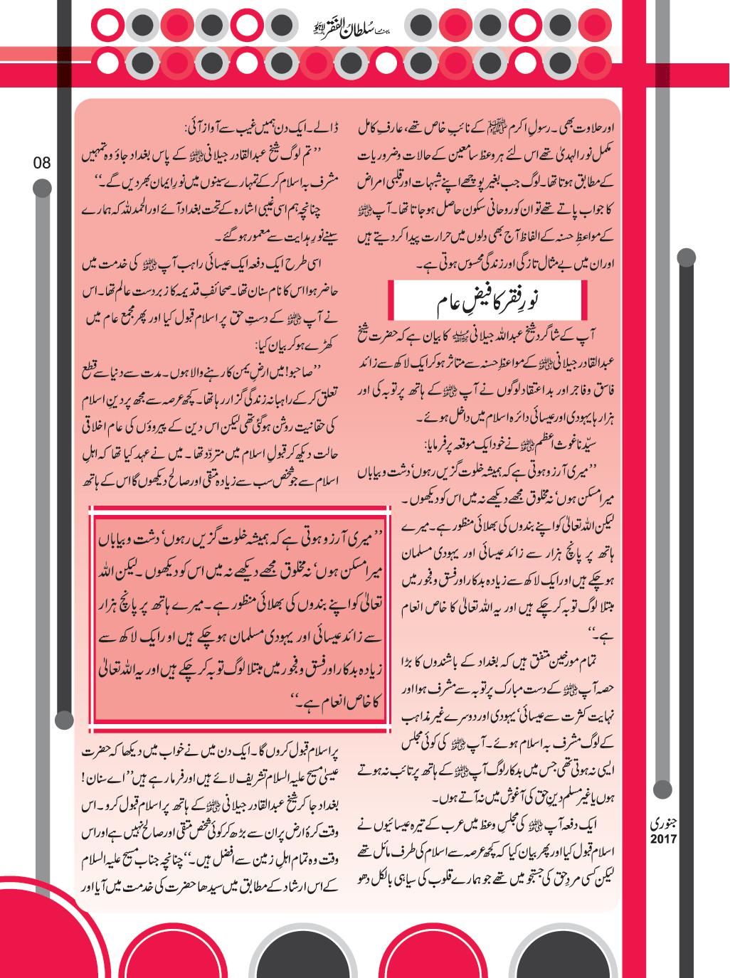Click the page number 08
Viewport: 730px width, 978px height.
42,163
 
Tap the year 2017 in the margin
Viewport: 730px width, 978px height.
663,839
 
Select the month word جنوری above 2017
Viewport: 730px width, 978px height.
663,824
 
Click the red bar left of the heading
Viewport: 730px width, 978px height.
391,300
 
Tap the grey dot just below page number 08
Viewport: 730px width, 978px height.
42,188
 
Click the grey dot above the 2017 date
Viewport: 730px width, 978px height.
662,789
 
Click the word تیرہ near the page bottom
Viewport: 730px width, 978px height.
425,825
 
